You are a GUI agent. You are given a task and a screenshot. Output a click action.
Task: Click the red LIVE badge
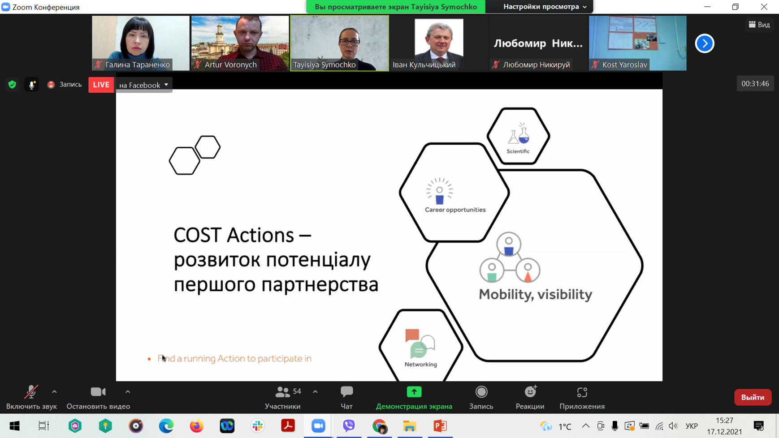(x=101, y=85)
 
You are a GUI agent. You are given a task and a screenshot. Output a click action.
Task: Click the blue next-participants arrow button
(x=704, y=43)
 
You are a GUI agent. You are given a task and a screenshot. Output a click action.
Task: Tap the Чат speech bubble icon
(x=346, y=392)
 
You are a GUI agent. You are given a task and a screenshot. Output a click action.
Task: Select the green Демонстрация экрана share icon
(x=414, y=392)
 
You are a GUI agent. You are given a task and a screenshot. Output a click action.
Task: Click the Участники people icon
(x=283, y=392)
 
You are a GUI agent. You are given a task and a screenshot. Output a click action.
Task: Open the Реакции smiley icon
(x=531, y=392)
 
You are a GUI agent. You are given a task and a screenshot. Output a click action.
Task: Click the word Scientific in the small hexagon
(x=518, y=151)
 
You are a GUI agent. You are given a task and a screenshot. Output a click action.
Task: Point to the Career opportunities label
(x=455, y=210)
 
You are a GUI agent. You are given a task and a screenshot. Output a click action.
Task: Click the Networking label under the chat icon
(x=420, y=364)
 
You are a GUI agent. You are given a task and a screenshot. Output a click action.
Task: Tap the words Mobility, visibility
(x=535, y=294)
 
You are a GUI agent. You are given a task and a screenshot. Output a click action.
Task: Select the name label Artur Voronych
(x=230, y=65)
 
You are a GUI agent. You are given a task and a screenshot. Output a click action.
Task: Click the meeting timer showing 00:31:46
(x=755, y=84)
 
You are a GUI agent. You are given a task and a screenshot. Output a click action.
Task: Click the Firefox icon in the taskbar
(x=196, y=426)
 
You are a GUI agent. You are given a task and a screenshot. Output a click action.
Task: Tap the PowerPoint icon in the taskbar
(x=440, y=426)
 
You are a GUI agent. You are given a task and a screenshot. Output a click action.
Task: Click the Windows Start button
(x=14, y=426)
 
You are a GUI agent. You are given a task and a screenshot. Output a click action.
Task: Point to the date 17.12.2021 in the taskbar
(x=724, y=432)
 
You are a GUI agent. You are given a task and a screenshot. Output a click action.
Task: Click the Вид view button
(x=759, y=25)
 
